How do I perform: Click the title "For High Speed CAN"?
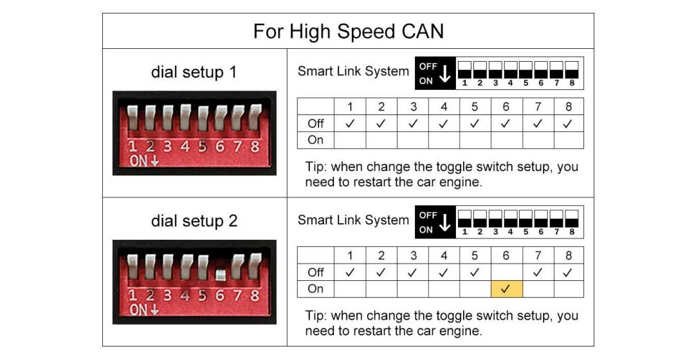coord(349,32)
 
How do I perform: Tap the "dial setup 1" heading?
coord(194,72)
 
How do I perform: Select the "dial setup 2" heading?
coord(194,221)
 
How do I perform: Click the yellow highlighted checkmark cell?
coord(507,289)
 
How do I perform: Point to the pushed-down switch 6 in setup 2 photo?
coord(221,274)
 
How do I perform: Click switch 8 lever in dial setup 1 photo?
coord(255,117)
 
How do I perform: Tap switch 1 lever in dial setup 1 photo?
coord(132,117)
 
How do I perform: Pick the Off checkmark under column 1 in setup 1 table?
coord(350,123)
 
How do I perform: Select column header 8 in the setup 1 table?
coord(569,107)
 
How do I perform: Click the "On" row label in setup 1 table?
coord(316,140)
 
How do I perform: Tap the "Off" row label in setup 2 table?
coord(316,273)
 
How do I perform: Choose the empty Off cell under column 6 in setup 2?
coord(507,273)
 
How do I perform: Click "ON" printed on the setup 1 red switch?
coord(139,161)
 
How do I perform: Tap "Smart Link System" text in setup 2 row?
coord(353,220)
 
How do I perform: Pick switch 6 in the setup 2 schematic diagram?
coord(541,219)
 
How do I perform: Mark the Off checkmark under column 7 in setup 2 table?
coord(538,273)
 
